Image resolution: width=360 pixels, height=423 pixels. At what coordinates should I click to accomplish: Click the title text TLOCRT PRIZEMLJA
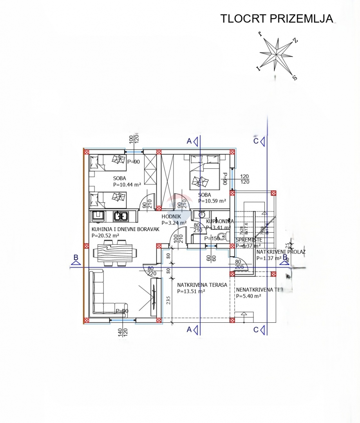coord(277,18)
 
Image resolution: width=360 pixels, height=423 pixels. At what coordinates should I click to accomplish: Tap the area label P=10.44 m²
coord(127,184)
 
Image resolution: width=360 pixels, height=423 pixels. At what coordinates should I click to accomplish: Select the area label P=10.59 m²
coord(212,201)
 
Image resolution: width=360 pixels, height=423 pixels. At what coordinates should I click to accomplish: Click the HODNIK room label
coord(171,217)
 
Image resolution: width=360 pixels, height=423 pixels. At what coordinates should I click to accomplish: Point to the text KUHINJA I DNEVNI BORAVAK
coord(125,230)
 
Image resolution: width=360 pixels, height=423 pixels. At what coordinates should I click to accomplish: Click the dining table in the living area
coord(115,254)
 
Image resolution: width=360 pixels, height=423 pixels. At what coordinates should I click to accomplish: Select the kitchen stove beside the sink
coord(97,215)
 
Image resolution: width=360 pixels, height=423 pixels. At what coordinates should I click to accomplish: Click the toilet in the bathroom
coord(222,236)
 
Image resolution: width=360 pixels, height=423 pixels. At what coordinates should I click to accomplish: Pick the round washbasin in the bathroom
coord(201,215)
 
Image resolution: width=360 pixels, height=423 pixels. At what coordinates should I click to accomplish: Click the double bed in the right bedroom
coord(204,172)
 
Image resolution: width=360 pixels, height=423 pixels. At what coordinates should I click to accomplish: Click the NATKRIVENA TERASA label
coord(202,285)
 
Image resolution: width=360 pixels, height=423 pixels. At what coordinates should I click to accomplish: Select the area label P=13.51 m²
coord(191,291)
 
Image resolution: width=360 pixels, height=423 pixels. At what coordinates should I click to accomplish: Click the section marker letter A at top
coord(189,141)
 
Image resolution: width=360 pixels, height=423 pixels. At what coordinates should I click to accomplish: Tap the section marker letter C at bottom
coord(256,330)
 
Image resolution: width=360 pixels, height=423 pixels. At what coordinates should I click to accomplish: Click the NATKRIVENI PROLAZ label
coord(280,252)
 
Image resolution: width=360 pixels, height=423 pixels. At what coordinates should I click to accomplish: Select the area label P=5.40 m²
coord(248,296)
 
